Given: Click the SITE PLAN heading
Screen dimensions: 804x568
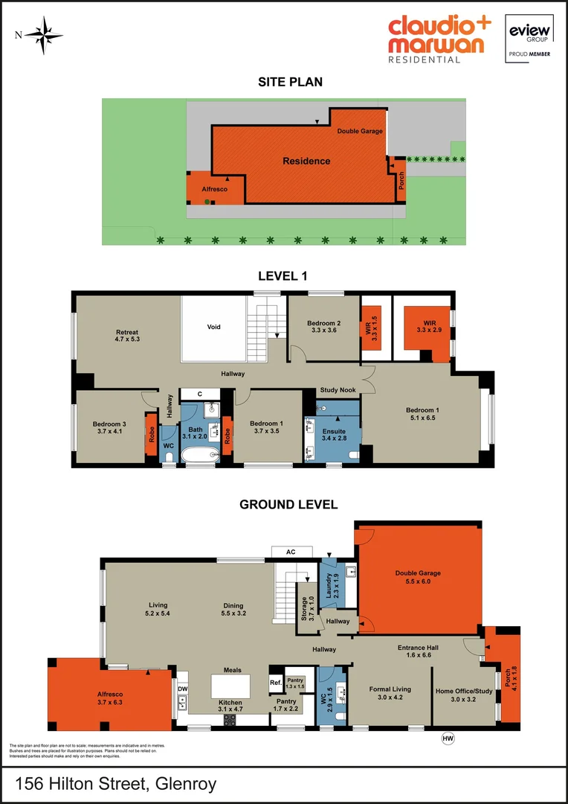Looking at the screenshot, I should pos(290,82).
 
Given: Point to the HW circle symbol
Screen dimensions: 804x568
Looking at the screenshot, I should pos(448,738).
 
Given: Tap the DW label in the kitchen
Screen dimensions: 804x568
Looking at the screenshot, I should pos(182,689).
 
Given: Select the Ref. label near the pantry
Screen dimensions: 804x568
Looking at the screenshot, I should pos(275,683).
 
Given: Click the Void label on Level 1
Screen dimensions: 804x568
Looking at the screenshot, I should pos(213,327).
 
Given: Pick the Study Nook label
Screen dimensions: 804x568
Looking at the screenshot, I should pos(337,390).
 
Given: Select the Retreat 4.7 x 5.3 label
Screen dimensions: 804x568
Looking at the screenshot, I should pos(127,337).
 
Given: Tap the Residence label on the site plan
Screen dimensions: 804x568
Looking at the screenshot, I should pos(306,161).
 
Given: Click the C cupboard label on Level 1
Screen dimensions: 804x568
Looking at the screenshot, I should pos(200,394).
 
